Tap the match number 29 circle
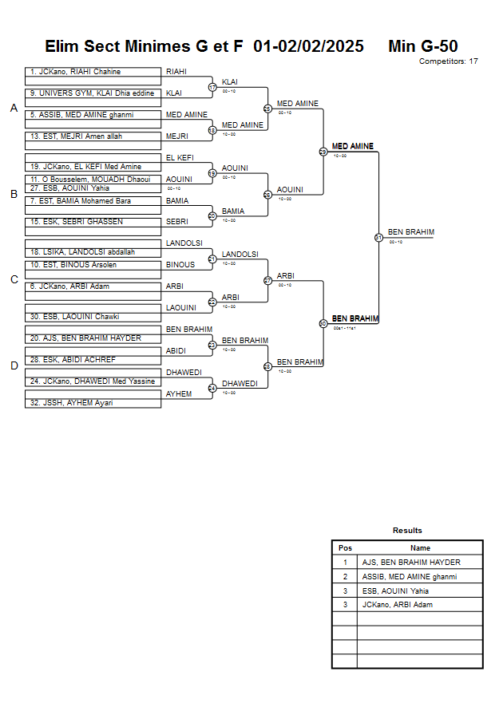tap(323, 152)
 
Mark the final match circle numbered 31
tap(378, 237)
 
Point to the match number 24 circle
tap(212, 389)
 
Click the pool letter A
tap(14, 109)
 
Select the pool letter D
tap(14, 366)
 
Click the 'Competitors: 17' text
tap(449, 61)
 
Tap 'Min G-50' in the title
tap(422, 46)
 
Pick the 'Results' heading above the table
tap(407, 531)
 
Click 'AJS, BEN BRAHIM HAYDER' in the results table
tap(411, 563)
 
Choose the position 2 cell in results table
tap(345, 576)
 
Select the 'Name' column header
tap(420, 548)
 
